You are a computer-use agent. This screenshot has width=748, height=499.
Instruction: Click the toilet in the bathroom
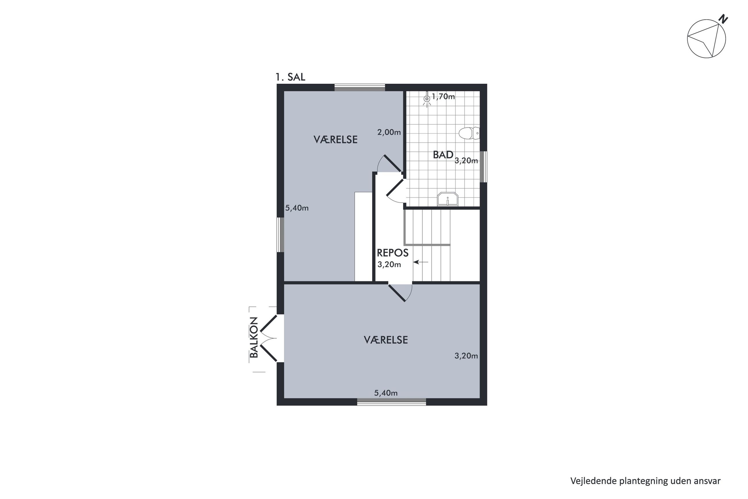(469, 133)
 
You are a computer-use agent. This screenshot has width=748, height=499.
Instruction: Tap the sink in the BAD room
(448, 199)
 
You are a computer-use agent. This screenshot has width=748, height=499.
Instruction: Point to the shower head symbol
(427, 99)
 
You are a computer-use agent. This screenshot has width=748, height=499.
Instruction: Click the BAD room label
(443, 155)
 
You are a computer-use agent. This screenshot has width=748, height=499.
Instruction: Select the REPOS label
(393, 253)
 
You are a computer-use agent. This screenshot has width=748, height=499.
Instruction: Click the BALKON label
(254, 337)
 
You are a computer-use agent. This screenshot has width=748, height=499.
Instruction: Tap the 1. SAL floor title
(290, 77)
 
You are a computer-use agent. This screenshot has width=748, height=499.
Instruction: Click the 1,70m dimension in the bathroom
(443, 96)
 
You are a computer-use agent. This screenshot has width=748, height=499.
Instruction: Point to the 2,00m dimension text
(389, 132)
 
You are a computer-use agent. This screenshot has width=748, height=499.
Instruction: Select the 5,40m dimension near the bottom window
(386, 393)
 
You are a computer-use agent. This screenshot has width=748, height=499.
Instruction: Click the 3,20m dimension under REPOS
(389, 264)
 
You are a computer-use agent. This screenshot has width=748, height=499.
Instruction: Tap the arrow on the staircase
(421, 262)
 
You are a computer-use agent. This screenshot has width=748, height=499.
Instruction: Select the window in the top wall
(360, 88)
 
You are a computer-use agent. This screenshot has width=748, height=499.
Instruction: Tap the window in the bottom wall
(391, 402)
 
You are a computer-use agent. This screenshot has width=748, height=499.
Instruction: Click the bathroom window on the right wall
(484, 166)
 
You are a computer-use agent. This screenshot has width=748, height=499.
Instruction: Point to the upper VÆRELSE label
(335, 139)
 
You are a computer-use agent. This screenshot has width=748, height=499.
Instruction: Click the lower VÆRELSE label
(386, 340)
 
